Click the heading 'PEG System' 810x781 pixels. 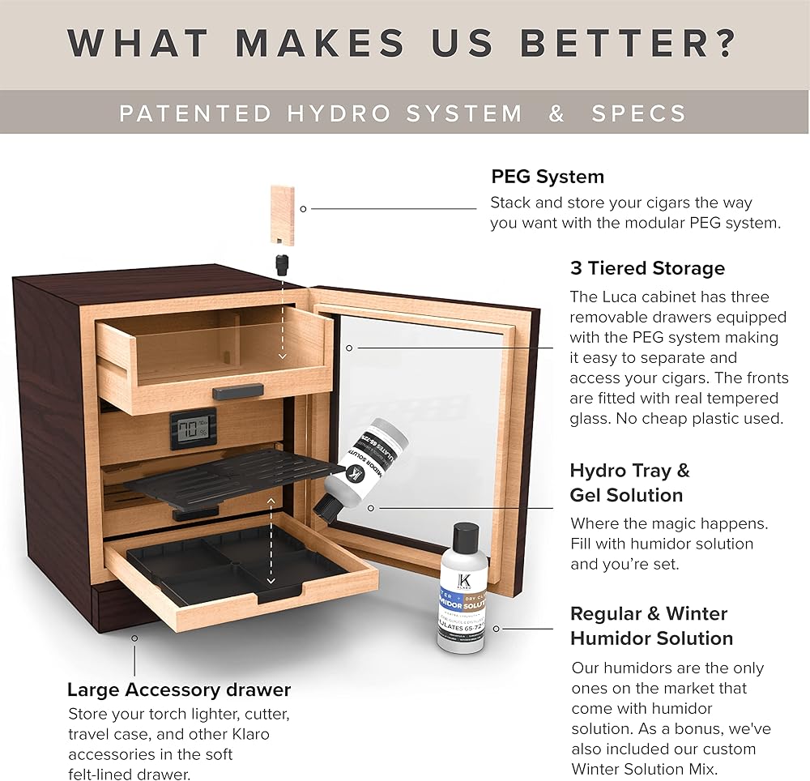tap(548, 177)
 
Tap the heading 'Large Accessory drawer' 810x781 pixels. tap(179, 690)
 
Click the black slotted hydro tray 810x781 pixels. tap(258, 479)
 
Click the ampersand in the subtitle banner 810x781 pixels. tap(556, 113)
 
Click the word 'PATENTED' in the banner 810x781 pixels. tap(195, 113)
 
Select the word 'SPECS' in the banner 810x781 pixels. tap(639, 113)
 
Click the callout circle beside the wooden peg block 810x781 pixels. tap(303, 208)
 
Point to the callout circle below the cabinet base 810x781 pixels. tap(134, 638)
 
